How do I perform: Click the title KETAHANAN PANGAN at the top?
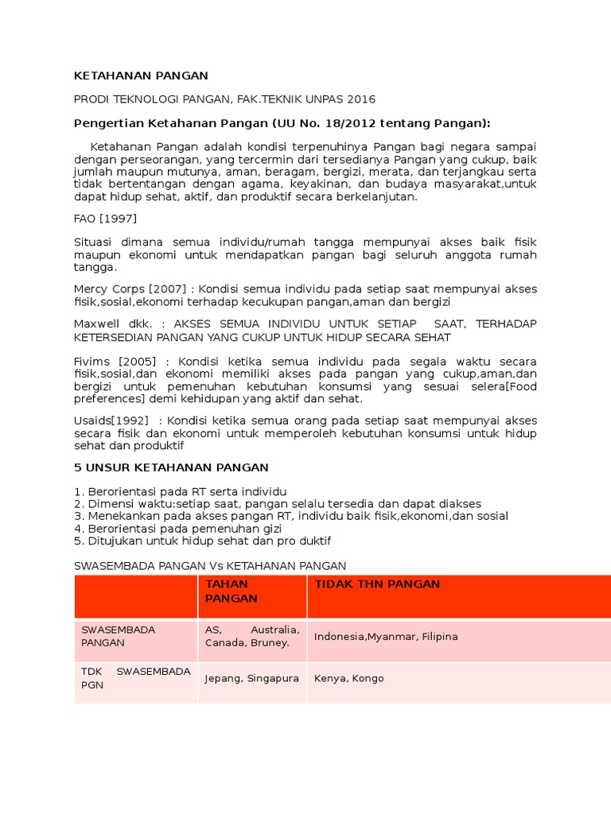tap(141, 76)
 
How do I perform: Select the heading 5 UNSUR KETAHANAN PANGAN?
tap(171, 467)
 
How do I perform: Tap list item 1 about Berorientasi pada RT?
tap(180, 491)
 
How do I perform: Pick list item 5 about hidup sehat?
tap(202, 541)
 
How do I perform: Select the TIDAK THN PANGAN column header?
tap(377, 584)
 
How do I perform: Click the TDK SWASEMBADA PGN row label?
tap(136, 678)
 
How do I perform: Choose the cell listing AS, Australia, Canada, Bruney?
tap(251, 636)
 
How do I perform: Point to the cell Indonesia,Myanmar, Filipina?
tap(386, 637)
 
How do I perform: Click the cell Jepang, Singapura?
tap(251, 679)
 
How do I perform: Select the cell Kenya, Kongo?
tap(348, 679)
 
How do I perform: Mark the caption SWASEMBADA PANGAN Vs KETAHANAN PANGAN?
tap(210, 566)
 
